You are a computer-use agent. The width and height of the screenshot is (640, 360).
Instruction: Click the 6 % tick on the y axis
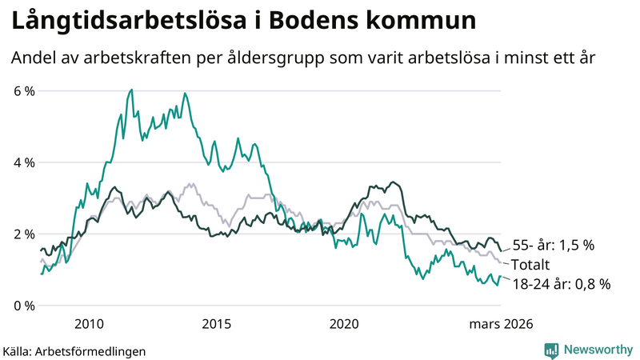coord(24,91)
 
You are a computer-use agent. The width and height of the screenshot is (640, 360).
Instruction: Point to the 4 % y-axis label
coord(24,162)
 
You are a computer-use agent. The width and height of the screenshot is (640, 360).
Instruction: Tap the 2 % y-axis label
coord(24,234)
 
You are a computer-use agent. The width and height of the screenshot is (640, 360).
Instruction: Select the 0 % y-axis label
coord(24,306)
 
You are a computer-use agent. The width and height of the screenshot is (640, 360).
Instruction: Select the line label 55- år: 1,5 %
coord(553,246)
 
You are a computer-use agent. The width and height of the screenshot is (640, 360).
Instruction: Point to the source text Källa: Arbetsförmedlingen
coord(74,350)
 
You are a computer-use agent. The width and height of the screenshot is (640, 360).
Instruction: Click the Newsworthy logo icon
coord(551,350)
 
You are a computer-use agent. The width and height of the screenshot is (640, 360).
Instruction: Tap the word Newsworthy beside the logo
coord(597,350)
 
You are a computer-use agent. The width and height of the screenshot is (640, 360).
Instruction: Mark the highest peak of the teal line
coord(130,90)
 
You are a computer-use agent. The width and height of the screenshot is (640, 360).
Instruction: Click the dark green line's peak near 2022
coord(391,182)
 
